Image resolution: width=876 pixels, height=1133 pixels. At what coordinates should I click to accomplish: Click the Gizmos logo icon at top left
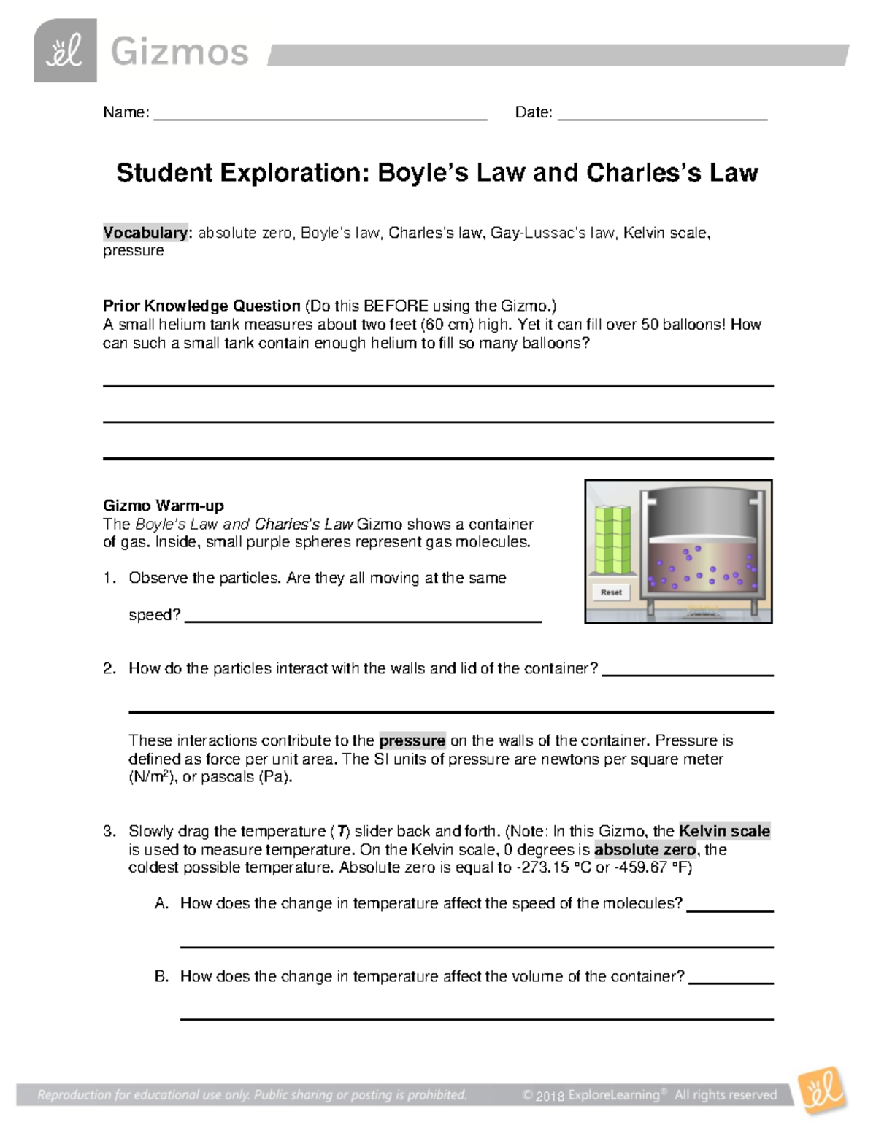[65, 50]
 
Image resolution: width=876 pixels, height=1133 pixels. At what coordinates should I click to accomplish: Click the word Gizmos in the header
[180, 53]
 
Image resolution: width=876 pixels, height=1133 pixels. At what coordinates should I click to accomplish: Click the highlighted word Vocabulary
[145, 233]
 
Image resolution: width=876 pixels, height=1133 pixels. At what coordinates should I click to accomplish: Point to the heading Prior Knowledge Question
[201, 306]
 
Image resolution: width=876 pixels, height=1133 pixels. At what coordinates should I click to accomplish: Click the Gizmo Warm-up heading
[164, 506]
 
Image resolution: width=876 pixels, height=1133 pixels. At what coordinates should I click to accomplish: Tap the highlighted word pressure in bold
[412, 740]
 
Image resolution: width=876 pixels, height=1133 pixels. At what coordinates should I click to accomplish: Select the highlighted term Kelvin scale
[724, 831]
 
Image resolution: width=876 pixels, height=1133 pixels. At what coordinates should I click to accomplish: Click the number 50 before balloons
[650, 325]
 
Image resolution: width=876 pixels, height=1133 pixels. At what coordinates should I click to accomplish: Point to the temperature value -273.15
[544, 867]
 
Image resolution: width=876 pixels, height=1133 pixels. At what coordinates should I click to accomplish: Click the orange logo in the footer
[822, 1090]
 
